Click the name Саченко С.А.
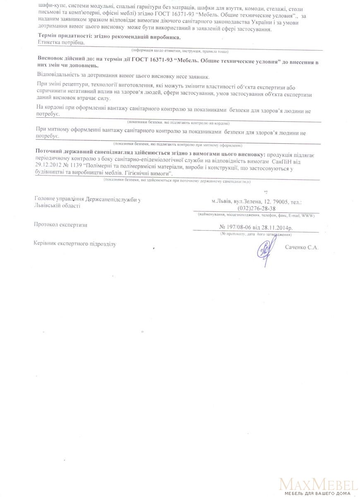coord(302,247)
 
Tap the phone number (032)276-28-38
coord(257,208)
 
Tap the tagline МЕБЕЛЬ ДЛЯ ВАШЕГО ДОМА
coord(318,493)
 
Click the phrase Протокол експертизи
coord(60,225)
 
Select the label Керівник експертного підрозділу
coord(75,244)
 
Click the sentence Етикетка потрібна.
coord(61,43)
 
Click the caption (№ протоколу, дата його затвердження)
coord(256,234)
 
